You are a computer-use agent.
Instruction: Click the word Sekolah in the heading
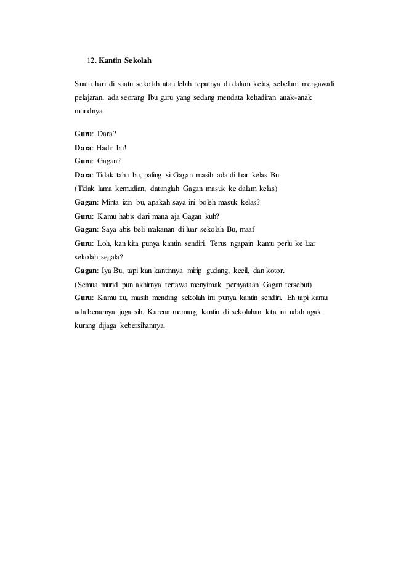pyautogui.click(x=138, y=62)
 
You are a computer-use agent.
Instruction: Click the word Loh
pyautogui.click(x=105, y=244)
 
